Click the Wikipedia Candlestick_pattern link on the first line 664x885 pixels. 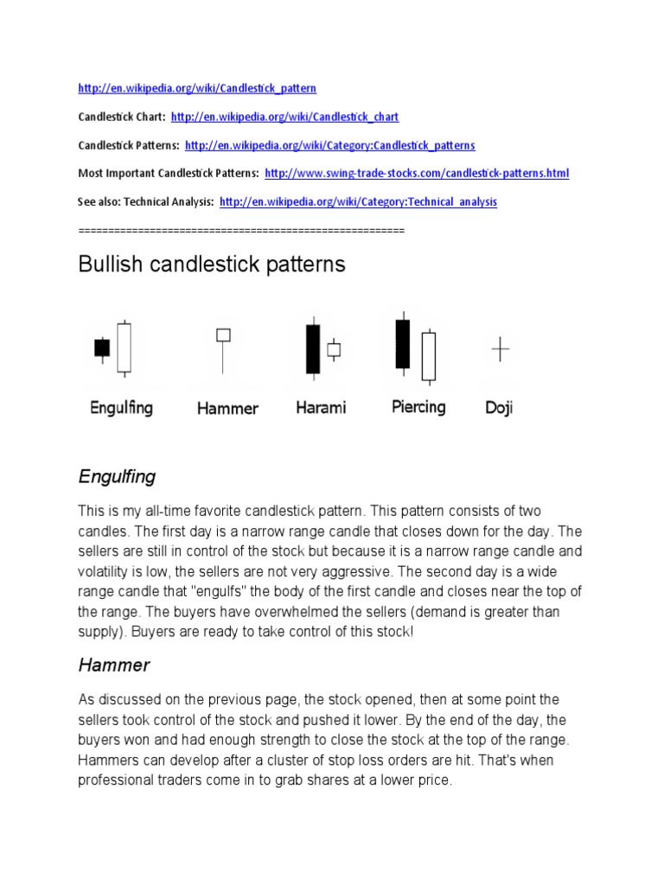(x=197, y=88)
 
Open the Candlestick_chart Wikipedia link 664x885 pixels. (x=284, y=117)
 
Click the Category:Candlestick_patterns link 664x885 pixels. (x=329, y=145)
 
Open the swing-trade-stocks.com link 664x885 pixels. (x=417, y=174)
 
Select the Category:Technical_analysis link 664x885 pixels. (x=358, y=202)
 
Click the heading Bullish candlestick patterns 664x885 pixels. (x=212, y=264)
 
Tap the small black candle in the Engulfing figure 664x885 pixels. (x=102, y=347)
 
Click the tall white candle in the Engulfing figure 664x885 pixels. (x=124, y=347)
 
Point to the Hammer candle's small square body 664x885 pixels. (x=223, y=334)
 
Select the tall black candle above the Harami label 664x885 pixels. (x=313, y=348)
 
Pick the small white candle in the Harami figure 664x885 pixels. (x=334, y=349)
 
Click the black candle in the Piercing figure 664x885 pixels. (x=402, y=343)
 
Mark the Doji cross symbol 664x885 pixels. (x=501, y=349)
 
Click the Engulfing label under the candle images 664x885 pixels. (x=121, y=408)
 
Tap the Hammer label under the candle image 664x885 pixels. (x=227, y=409)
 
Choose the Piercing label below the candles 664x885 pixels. (x=418, y=407)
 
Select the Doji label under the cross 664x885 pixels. (x=499, y=408)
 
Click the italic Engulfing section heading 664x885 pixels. (x=117, y=476)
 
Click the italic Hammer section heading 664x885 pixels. (x=114, y=665)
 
